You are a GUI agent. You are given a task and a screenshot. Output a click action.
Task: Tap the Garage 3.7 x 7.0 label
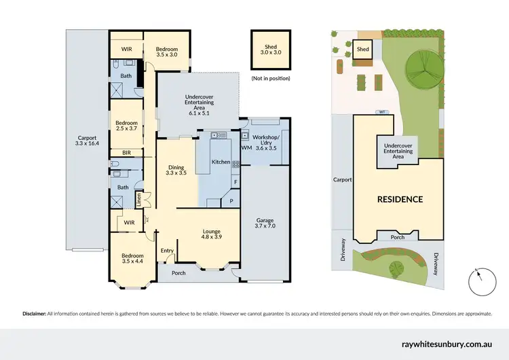[x=265, y=224]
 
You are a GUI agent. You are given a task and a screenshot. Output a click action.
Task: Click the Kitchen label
[x=221, y=162]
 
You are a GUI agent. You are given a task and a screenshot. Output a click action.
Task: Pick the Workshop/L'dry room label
[x=266, y=141]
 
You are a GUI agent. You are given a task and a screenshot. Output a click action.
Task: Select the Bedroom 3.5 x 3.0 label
[x=166, y=52]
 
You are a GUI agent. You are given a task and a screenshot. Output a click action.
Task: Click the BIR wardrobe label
[x=126, y=153]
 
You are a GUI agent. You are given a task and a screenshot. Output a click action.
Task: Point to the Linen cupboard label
[x=138, y=200]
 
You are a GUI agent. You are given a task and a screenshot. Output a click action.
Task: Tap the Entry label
[x=167, y=251]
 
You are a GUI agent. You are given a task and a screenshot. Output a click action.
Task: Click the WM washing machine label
[x=246, y=147]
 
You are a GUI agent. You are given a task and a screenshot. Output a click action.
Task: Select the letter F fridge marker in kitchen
[x=235, y=182]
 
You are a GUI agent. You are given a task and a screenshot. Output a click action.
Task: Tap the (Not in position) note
[x=270, y=78]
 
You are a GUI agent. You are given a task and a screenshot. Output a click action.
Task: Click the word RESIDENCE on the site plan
[x=400, y=199]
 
